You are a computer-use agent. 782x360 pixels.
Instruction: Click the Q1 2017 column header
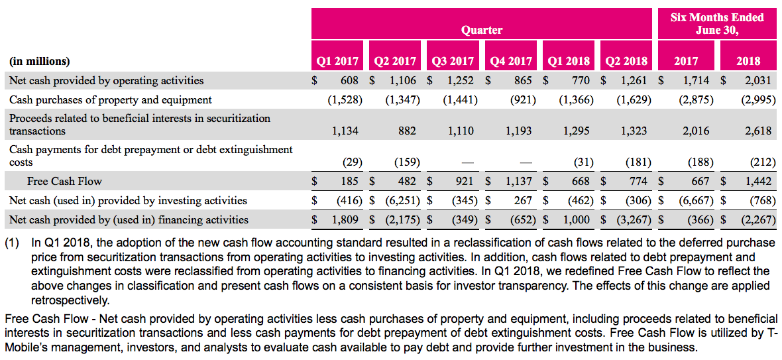pos(338,61)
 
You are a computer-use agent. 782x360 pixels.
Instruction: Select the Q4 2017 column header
pos(511,61)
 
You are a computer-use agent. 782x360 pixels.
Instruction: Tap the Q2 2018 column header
pos(626,61)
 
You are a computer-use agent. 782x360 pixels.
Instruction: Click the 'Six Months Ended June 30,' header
pos(717,24)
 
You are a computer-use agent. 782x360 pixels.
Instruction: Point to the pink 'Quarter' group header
pos(482,30)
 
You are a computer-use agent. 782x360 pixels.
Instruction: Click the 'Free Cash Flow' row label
pos(64,181)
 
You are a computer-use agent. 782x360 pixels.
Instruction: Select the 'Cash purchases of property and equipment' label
pos(111,99)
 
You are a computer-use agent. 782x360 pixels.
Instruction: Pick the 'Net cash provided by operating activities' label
pos(107,80)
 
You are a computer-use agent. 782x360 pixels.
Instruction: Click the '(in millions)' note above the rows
pos(40,61)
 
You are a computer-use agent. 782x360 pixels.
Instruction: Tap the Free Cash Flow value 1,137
pos(519,181)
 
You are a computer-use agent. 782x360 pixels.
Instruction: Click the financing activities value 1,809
pos(345,219)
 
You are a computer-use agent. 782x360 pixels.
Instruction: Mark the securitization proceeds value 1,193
pos(519,131)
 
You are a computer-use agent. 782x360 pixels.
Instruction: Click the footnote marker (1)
pos(13,243)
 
